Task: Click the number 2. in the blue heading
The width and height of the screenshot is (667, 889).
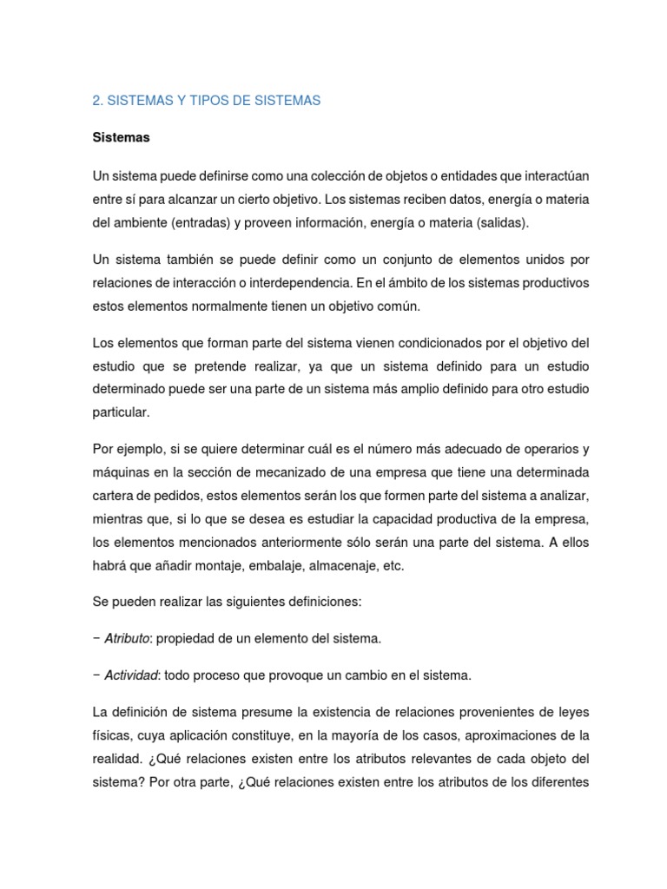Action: click(x=97, y=101)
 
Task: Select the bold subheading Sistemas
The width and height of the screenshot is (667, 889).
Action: click(x=121, y=138)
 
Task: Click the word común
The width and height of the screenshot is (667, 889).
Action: click(x=396, y=306)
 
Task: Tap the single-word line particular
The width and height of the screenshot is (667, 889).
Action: click(x=121, y=412)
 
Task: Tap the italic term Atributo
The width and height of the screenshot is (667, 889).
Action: click(x=127, y=638)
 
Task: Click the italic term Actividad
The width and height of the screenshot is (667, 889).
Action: click(x=130, y=675)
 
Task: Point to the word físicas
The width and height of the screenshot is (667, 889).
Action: click(x=112, y=734)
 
